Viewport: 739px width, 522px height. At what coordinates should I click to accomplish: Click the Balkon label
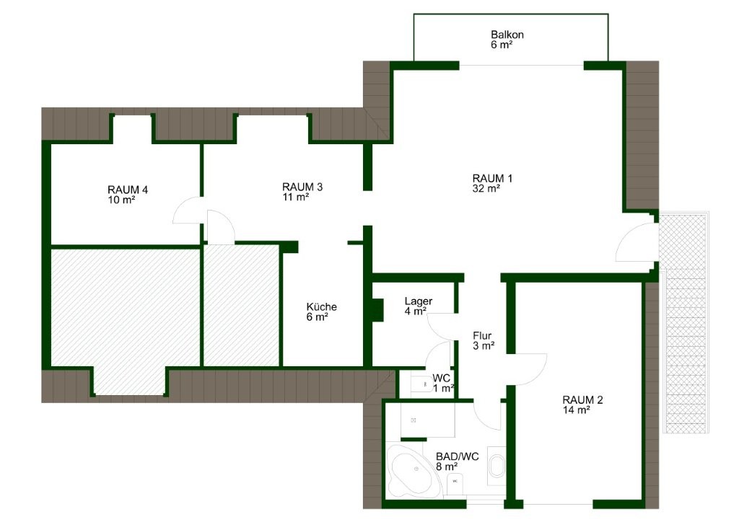pyautogui.click(x=507, y=35)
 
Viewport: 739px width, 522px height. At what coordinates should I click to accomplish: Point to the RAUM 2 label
pyautogui.click(x=582, y=400)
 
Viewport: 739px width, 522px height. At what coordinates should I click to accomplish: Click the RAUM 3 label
pyautogui.click(x=302, y=187)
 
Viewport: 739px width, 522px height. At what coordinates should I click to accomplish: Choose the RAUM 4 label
pyautogui.click(x=128, y=190)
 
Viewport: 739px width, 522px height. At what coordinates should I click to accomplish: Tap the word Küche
pyautogui.click(x=321, y=306)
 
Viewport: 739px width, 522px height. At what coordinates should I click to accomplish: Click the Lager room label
pyautogui.click(x=419, y=301)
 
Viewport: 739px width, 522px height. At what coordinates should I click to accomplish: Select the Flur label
pyautogui.click(x=483, y=335)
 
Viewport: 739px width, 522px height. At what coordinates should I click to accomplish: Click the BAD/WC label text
pyautogui.click(x=456, y=456)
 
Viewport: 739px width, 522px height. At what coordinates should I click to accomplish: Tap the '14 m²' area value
pyautogui.click(x=577, y=410)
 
